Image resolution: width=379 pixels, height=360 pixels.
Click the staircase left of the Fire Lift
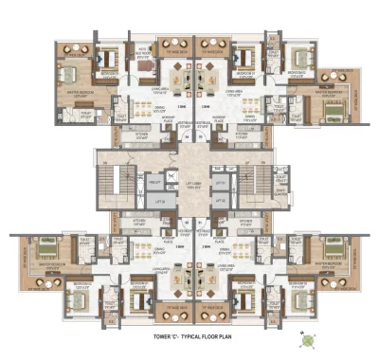pos(122,181)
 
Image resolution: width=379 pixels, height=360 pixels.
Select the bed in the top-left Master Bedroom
pos(68,72)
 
